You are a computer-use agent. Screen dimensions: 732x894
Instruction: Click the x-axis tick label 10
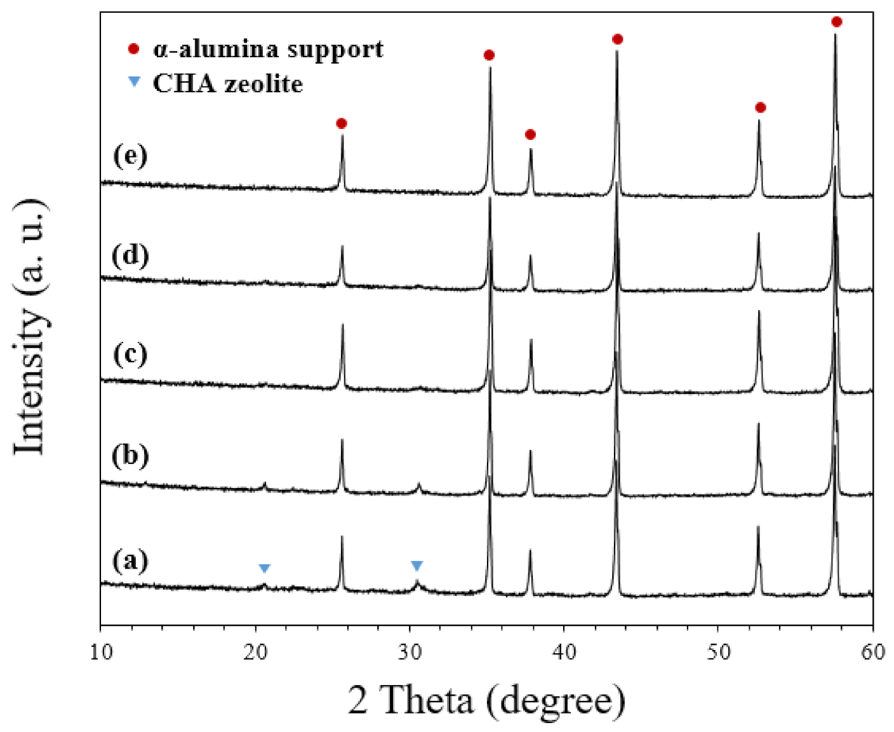(x=100, y=651)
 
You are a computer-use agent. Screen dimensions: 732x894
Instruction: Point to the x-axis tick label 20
(x=255, y=651)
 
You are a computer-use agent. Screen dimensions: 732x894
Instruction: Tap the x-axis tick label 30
(x=410, y=651)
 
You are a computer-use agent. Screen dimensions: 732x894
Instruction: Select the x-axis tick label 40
(x=564, y=651)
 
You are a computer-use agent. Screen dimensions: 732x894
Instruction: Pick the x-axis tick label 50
(x=718, y=651)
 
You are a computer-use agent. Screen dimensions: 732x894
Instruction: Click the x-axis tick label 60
(x=873, y=651)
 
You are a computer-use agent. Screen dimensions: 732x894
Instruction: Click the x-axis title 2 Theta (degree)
(x=486, y=700)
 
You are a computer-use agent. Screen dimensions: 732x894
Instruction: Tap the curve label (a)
(x=130, y=560)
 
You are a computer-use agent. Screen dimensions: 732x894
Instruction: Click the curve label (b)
(x=130, y=455)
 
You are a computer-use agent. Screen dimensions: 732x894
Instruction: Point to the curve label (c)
(x=130, y=353)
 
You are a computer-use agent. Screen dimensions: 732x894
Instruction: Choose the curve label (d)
(x=130, y=255)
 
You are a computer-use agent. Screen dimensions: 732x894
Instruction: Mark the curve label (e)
(x=130, y=155)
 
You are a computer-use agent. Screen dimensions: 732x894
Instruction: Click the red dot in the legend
(x=133, y=49)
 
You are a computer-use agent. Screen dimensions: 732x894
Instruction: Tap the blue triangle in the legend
(x=133, y=81)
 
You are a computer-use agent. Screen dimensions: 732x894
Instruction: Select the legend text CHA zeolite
(x=228, y=83)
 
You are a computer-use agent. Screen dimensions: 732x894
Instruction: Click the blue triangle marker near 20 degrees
(x=265, y=568)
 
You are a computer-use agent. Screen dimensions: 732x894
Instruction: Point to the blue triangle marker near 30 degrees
(x=417, y=566)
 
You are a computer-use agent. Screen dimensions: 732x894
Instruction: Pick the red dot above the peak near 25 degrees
(x=342, y=123)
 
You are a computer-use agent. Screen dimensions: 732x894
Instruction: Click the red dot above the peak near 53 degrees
(x=761, y=107)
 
